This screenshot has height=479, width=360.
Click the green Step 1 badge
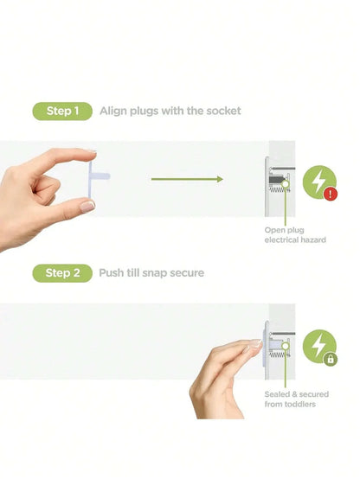point(62,111)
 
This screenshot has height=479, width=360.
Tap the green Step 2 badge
point(62,273)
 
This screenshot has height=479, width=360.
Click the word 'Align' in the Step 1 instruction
point(113,112)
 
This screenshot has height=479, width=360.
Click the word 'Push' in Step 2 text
point(111,273)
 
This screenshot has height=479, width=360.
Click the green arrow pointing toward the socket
point(187,179)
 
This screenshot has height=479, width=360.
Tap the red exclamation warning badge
point(331,194)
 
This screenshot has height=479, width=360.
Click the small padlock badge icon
point(331,359)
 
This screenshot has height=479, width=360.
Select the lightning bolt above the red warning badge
point(318,182)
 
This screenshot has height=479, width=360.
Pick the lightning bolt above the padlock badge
point(318,345)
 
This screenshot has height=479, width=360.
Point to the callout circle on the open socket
point(285,184)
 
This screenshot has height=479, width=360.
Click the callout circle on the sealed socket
point(285,346)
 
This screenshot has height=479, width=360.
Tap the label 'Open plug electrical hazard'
point(295,235)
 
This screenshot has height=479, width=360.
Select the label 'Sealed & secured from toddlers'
point(296,399)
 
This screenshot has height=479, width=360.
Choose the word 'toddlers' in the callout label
point(300,405)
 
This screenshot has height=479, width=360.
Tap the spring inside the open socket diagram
point(278,190)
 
